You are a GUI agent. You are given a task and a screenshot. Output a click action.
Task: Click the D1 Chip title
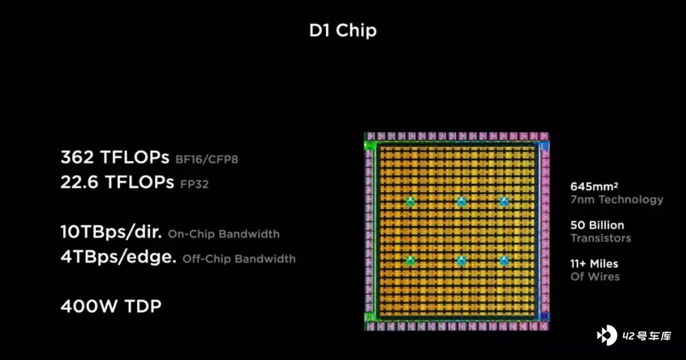(342, 31)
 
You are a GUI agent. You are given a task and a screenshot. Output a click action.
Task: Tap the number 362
(78, 157)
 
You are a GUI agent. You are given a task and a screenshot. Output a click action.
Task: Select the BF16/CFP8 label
(206, 159)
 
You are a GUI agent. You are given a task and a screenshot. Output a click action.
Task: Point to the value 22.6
(79, 182)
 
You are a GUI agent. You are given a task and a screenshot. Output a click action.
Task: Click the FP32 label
(194, 184)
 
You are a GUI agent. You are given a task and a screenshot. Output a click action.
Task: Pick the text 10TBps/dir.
(111, 232)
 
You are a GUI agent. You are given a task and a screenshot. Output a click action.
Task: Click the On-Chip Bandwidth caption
(224, 234)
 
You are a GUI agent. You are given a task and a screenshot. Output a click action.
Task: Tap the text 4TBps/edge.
(119, 256)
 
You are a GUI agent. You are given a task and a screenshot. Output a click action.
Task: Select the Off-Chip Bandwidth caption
(239, 259)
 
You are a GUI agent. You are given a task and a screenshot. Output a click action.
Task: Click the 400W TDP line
(111, 307)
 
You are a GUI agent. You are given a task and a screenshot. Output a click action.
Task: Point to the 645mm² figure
(594, 187)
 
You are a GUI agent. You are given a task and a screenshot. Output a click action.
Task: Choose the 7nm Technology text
(617, 200)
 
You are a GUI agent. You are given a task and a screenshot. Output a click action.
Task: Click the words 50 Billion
(598, 226)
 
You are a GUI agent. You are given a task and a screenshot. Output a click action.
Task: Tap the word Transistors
(601, 238)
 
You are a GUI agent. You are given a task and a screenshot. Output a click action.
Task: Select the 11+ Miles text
(594, 264)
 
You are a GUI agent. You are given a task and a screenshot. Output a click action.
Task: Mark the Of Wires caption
(595, 276)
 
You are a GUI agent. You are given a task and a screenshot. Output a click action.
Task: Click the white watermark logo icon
(607, 335)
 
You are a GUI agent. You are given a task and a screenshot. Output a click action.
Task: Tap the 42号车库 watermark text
(647, 336)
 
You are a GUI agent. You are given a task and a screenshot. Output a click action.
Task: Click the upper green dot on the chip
(410, 202)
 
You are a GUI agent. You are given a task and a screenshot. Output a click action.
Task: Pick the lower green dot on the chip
(410, 261)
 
